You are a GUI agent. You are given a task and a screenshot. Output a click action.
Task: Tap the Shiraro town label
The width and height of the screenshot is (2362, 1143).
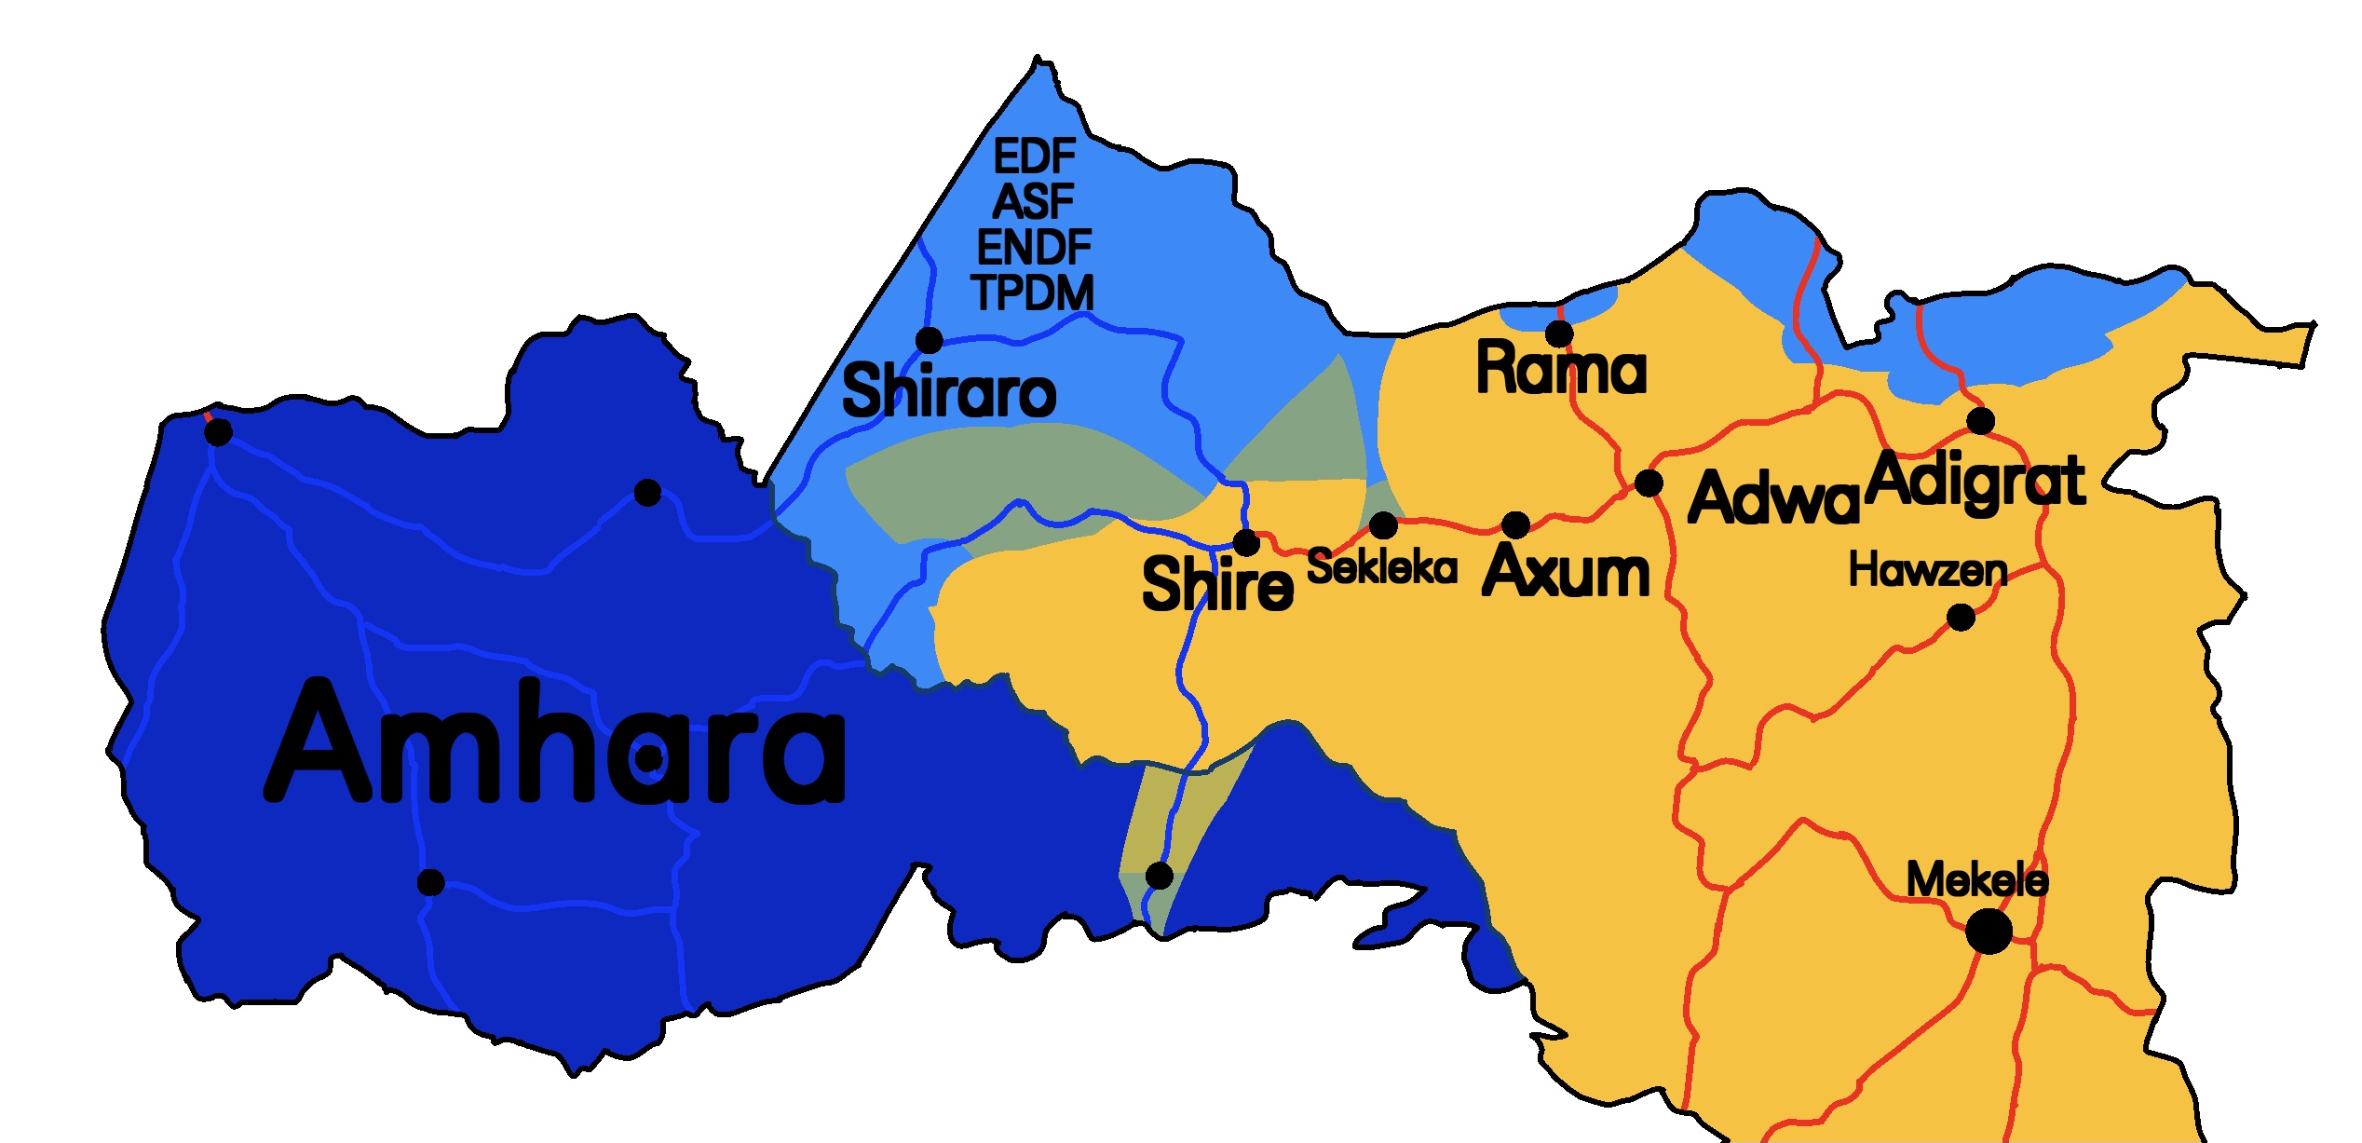coord(948,391)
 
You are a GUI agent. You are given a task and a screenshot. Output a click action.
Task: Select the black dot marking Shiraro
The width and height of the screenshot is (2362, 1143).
coord(929,340)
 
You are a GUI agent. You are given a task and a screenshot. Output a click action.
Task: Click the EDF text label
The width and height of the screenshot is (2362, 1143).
coord(1035,156)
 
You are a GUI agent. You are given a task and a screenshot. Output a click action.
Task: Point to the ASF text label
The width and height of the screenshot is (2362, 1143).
coord(1034,201)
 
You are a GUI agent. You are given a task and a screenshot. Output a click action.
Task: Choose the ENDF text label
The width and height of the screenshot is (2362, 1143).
coord(1034,247)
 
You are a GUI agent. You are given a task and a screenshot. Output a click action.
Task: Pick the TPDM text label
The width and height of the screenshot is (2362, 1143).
coord(1033,293)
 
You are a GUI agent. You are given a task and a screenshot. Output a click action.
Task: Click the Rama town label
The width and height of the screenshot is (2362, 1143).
coord(1561,368)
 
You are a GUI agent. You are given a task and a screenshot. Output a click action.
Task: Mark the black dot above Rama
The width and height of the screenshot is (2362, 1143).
coord(1559,333)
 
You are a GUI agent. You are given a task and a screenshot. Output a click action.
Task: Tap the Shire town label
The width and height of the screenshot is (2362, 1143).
coord(1217,584)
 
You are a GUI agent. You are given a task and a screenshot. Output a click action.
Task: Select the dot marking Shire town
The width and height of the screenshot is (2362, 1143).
coord(1246,542)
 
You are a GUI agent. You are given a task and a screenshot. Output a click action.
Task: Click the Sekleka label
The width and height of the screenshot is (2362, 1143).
coord(1382,567)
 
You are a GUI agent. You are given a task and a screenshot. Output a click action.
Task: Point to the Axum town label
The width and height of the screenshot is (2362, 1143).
coord(1566,570)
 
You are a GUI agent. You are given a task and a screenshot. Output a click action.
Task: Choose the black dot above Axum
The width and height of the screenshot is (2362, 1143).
coord(1515,524)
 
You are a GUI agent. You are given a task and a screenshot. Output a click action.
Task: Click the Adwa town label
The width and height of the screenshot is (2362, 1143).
coord(1772,498)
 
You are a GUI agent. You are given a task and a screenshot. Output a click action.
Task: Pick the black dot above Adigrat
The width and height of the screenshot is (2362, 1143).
coord(1980,421)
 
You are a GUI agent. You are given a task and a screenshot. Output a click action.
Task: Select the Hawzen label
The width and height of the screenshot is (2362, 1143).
coord(1927,570)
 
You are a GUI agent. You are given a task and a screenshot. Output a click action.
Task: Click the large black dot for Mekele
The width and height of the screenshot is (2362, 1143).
coord(1989,931)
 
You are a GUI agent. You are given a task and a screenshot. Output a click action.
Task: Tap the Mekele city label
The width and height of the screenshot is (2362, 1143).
coord(1976,879)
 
